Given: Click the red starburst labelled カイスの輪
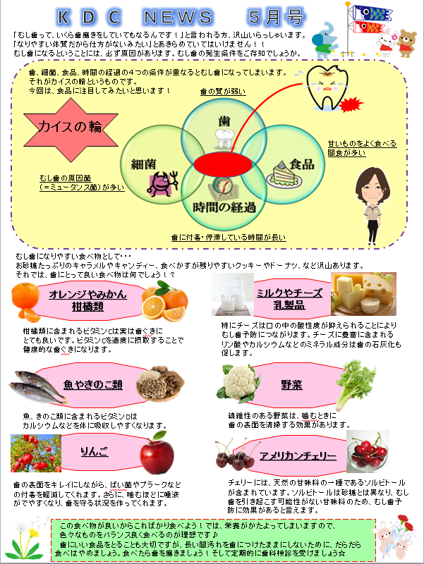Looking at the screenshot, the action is point(71,127).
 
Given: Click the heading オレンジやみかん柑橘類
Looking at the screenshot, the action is point(87,300).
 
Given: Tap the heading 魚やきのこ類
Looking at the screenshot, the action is point(93,385).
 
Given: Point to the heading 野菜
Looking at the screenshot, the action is point(291,385).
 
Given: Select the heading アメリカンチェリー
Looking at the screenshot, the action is point(293,454).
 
